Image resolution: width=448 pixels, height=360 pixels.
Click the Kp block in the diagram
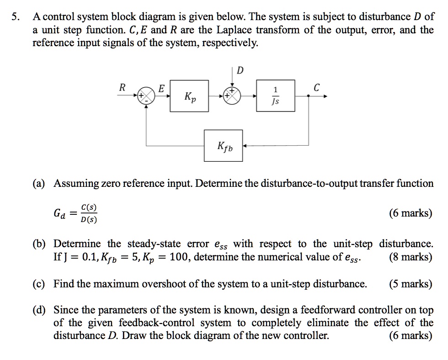point(189,96)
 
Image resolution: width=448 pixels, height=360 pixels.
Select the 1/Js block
point(275,96)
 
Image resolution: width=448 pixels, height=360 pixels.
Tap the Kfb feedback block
point(224,146)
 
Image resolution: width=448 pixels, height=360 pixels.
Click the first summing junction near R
point(146,96)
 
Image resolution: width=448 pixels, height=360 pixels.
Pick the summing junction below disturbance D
point(233,96)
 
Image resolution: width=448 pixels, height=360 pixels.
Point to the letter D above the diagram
point(241,70)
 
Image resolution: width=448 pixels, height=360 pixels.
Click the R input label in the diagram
point(122,88)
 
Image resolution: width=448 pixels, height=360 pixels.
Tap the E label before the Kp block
point(161,88)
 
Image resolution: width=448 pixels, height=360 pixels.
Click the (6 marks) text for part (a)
point(410,213)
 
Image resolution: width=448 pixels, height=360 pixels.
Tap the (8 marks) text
point(410,257)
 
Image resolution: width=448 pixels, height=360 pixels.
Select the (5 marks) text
point(410,284)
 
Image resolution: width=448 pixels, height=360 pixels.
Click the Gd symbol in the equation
point(60,213)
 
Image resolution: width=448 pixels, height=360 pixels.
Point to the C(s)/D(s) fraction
point(88,213)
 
